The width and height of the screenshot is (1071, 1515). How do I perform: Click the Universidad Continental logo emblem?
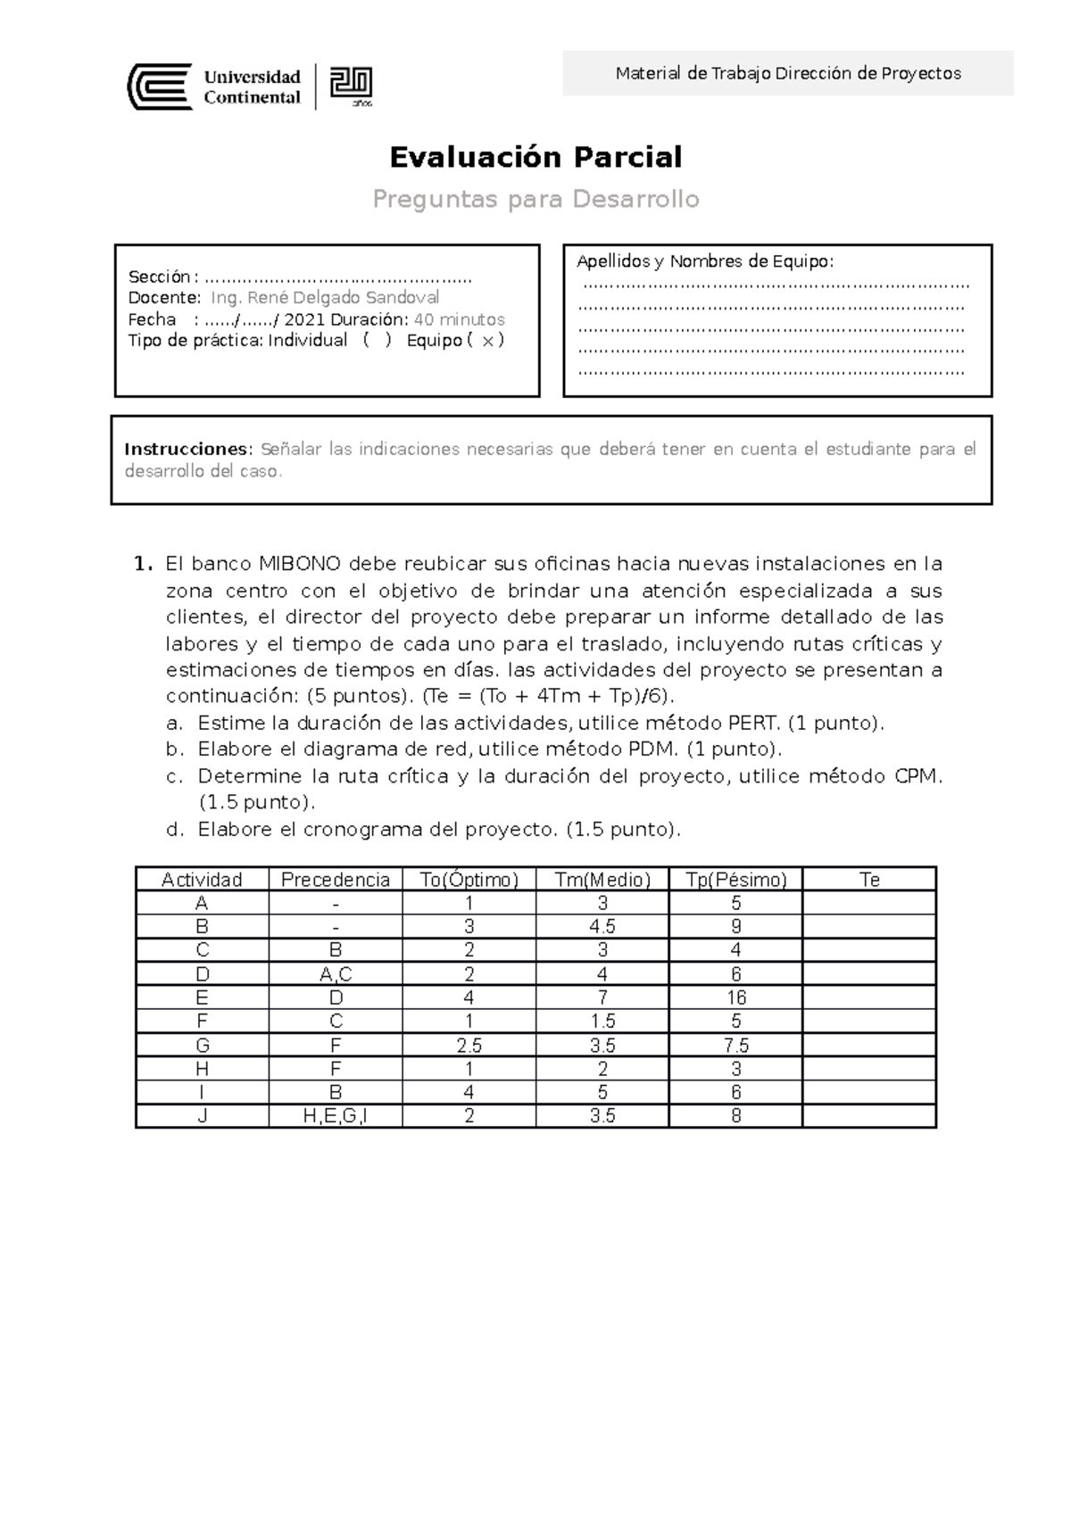click(160, 87)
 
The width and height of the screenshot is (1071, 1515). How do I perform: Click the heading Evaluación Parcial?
click(535, 157)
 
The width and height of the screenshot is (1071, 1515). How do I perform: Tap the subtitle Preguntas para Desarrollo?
click(535, 199)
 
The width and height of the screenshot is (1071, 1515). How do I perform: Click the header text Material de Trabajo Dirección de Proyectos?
click(788, 73)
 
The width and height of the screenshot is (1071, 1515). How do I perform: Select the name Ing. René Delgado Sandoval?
click(325, 297)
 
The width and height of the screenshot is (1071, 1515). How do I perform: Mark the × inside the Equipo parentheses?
click(486, 341)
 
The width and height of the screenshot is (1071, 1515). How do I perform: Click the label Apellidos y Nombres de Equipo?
click(705, 261)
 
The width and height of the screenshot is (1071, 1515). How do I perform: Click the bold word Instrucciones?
click(188, 449)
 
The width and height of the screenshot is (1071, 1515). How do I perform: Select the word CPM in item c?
click(917, 776)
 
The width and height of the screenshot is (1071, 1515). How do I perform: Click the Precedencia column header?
click(336, 880)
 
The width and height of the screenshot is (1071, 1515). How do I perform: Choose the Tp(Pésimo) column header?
click(736, 880)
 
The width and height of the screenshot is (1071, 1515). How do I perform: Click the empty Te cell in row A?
click(869, 903)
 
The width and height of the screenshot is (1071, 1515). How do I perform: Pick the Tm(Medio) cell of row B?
click(602, 926)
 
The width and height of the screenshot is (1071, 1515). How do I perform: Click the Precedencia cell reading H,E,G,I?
click(336, 1115)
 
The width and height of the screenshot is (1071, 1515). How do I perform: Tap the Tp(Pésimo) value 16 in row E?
click(736, 998)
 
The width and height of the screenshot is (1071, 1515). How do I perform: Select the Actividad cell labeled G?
click(203, 1045)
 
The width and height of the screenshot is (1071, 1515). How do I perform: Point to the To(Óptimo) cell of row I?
click(469, 1092)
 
